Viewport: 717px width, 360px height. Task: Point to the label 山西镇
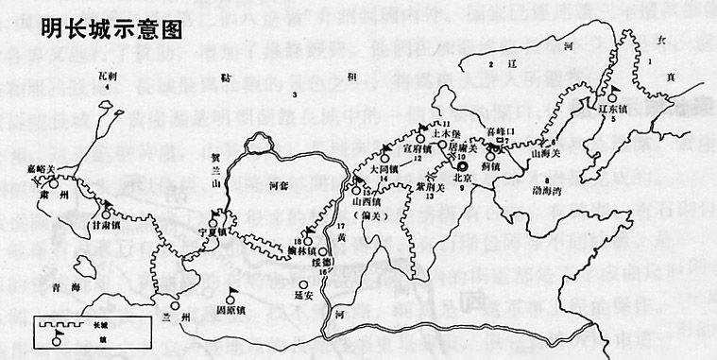(x=366, y=201)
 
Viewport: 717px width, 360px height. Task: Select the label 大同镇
(x=384, y=170)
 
